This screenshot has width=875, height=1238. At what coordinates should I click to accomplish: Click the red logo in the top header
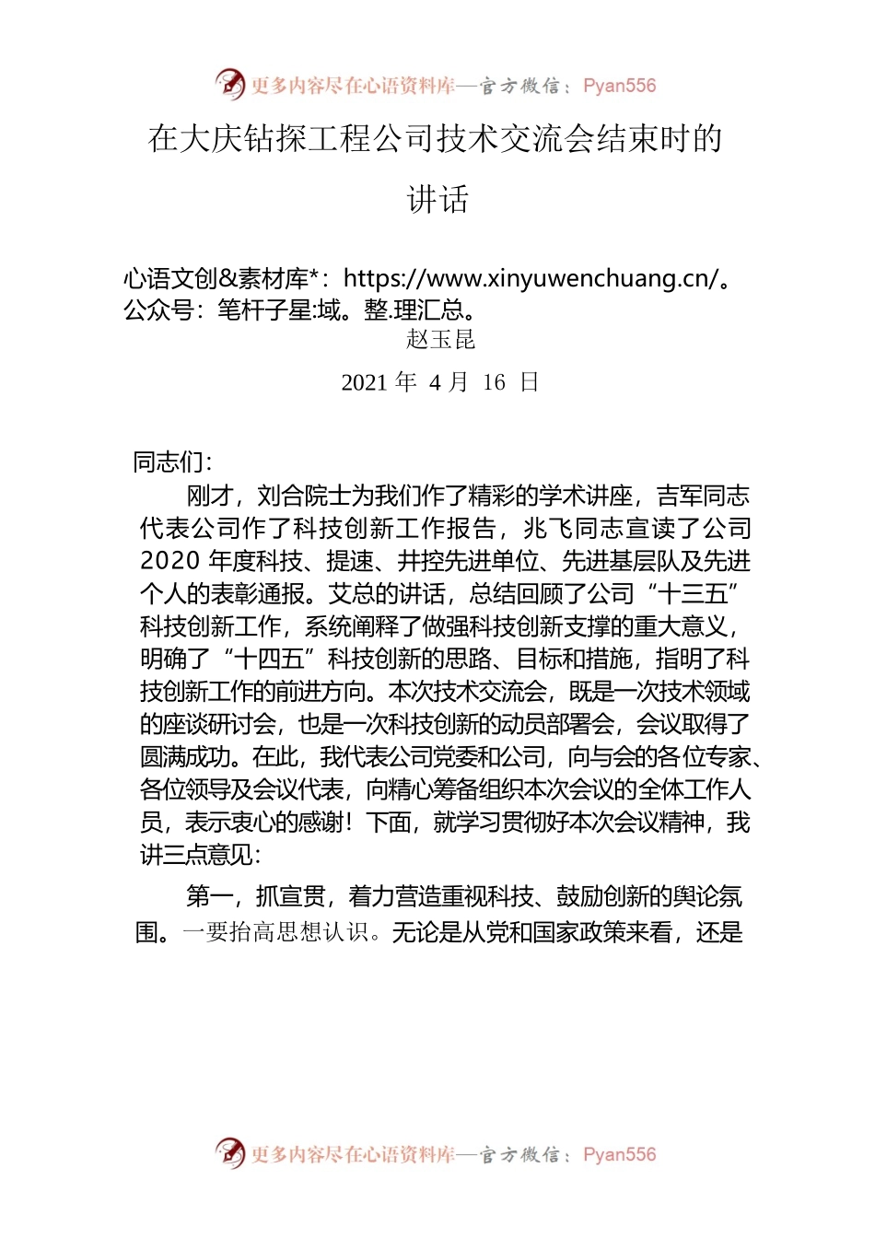pyautogui.click(x=229, y=85)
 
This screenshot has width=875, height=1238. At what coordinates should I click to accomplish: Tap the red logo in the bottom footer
pyautogui.click(x=229, y=1153)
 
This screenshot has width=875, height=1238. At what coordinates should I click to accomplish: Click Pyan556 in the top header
pyautogui.click(x=619, y=86)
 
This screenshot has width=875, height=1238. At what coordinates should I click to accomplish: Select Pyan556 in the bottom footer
pyautogui.click(x=619, y=1154)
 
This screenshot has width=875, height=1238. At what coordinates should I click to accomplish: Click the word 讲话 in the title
pyautogui.click(x=437, y=199)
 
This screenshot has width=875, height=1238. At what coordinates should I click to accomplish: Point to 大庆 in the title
pyautogui.click(x=211, y=139)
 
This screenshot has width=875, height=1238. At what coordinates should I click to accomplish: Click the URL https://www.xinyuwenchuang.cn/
pyautogui.click(x=530, y=278)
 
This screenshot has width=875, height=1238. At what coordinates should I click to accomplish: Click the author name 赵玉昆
pyautogui.click(x=440, y=339)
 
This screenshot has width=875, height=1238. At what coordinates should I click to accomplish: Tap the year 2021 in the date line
pyautogui.click(x=365, y=382)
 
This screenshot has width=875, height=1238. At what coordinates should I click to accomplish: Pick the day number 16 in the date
pyautogui.click(x=494, y=382)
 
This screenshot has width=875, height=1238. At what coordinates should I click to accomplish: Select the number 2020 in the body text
pyautogui.click(x=169, y=561)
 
